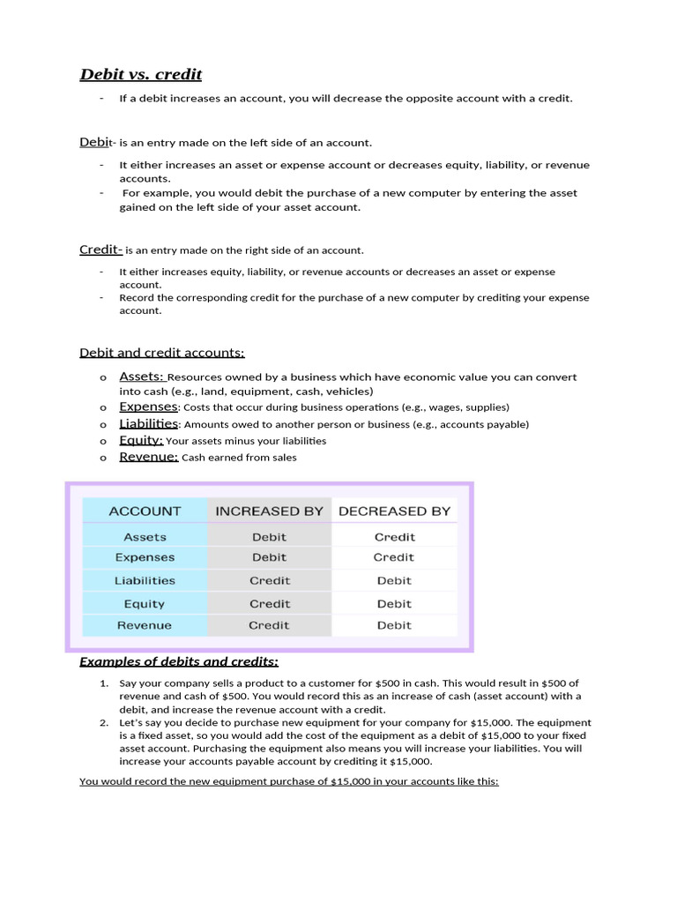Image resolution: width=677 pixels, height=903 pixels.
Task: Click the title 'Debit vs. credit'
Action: point(141,74)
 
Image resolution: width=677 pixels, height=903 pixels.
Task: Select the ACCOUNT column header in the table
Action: point(145,511)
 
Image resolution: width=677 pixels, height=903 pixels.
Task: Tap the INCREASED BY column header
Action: point(269,511)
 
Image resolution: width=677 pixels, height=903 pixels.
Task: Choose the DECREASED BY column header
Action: point(394,511)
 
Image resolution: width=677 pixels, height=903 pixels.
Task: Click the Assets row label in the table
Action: point(145,536)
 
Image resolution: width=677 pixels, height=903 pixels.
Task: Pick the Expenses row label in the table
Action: point(145,557)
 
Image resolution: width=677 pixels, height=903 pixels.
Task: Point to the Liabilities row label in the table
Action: point(145,580)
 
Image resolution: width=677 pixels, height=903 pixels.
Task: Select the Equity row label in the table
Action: point(145,604)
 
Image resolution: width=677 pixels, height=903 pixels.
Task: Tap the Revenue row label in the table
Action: point(145,625)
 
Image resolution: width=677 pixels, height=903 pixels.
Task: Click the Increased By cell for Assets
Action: point(269,536)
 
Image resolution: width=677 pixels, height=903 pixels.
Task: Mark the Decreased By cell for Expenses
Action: point(394,557)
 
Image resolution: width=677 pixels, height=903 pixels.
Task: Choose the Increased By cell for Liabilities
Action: point(269,580)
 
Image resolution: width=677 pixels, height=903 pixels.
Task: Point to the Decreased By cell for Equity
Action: point(394,604)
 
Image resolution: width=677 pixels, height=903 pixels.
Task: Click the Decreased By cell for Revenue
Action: point(394,625)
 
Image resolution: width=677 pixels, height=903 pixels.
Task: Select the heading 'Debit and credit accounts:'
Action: point(162,353)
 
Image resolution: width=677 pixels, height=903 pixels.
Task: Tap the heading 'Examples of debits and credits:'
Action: point(179,661)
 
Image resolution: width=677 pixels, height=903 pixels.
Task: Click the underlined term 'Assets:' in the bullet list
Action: point(142,377)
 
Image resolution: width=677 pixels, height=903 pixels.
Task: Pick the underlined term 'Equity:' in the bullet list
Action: point(141,440)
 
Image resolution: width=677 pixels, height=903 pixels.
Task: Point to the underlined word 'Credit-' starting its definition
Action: point(101,250)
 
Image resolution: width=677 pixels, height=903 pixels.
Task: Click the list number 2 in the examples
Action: point(103,721)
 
